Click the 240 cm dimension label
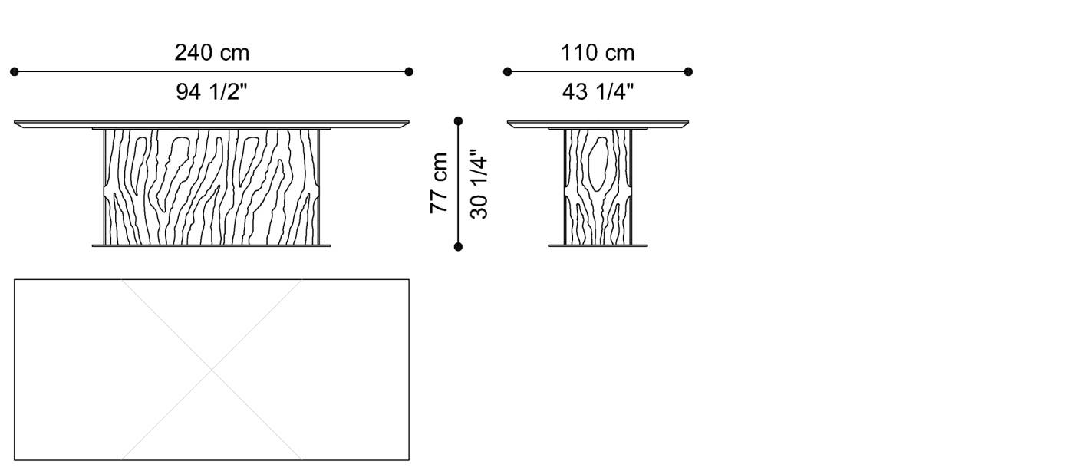tap(212, 53)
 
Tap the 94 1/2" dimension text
tap(212, 92)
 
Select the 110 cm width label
tap(598, 53)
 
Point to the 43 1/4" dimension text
tap(598, 92)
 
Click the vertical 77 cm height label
tap(439, 183)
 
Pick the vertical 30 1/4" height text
tap(479, 184)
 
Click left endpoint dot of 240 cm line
tap(15, 71)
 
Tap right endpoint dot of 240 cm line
tap(409, 71)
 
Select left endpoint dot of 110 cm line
tap(507, 71)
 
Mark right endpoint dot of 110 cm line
tap(688, 71)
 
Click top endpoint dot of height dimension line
tap(458, 120)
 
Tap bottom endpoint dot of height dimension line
tap(458, 247)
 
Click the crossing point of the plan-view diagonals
tap(212, 370)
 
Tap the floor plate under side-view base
tap(598, 245)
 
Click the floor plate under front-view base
tap(212, 245)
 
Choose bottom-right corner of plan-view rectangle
tap(409, 459)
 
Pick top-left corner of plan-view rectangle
tap(15, 280)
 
